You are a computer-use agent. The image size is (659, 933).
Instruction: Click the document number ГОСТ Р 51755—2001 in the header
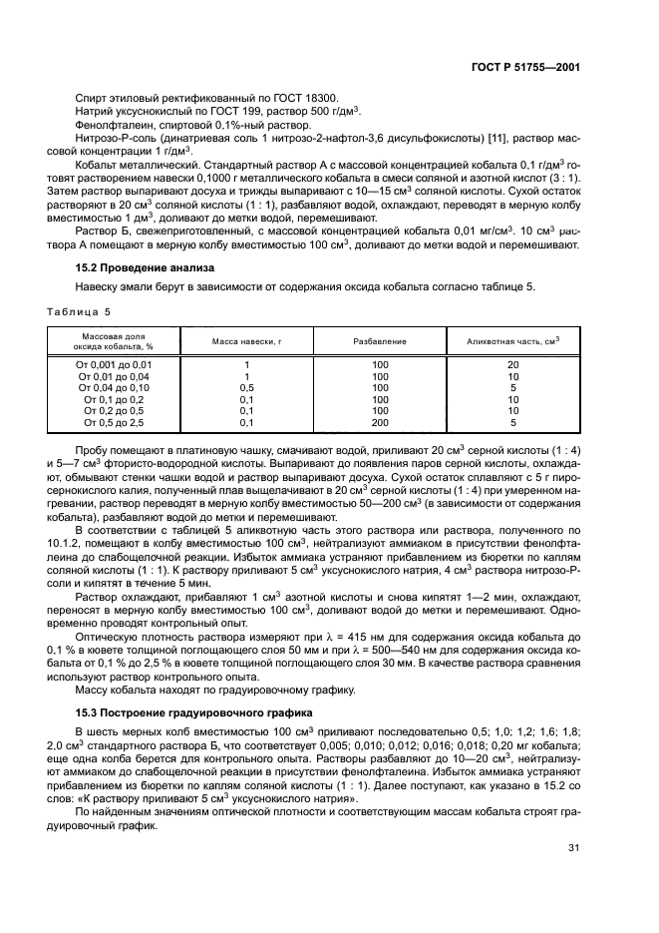(x=525, y=67)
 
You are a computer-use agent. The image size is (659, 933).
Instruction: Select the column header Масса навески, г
(x=246, y=341)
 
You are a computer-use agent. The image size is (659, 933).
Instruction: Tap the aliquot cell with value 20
(x=512, y=365)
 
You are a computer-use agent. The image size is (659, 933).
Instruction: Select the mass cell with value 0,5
(x=246, y=388)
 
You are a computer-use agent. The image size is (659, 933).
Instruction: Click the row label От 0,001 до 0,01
(x=114, y=365)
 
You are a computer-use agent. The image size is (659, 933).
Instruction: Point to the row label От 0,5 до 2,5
(x=114, y=422)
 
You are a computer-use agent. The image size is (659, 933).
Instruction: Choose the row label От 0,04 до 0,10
(x=114, y=388)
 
